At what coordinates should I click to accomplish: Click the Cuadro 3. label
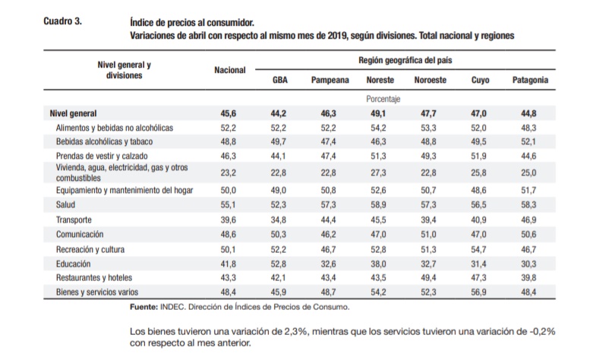coord(63,21)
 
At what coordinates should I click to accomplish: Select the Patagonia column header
coord(530,80)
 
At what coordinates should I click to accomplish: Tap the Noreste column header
coord(380,80)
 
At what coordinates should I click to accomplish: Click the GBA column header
coord(280,80)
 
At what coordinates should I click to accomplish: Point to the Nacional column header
coord(230,70)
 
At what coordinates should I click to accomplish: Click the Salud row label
coord(65,205)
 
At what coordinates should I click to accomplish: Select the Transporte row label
coord(74,219)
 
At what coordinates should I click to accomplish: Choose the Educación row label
coord(74,264)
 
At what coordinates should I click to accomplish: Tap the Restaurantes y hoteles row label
coord(94,278)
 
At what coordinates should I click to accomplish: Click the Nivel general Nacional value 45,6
coord(229,114)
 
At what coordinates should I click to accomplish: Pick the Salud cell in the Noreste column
coord(379,205)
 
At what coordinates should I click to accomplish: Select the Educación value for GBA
coord(279,264)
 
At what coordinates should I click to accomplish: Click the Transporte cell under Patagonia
coord(528,219)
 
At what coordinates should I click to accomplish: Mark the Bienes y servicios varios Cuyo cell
coord(478,292)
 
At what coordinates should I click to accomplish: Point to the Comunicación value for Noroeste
coord(428,235)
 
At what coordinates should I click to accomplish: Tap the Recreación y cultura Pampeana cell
coord(328,249)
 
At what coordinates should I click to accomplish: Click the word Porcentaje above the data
coord(383,99)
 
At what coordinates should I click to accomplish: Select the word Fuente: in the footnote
coord(144,307)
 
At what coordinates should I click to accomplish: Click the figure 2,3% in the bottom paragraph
coord(295,331)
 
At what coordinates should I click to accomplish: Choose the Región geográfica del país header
coord(405,61)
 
